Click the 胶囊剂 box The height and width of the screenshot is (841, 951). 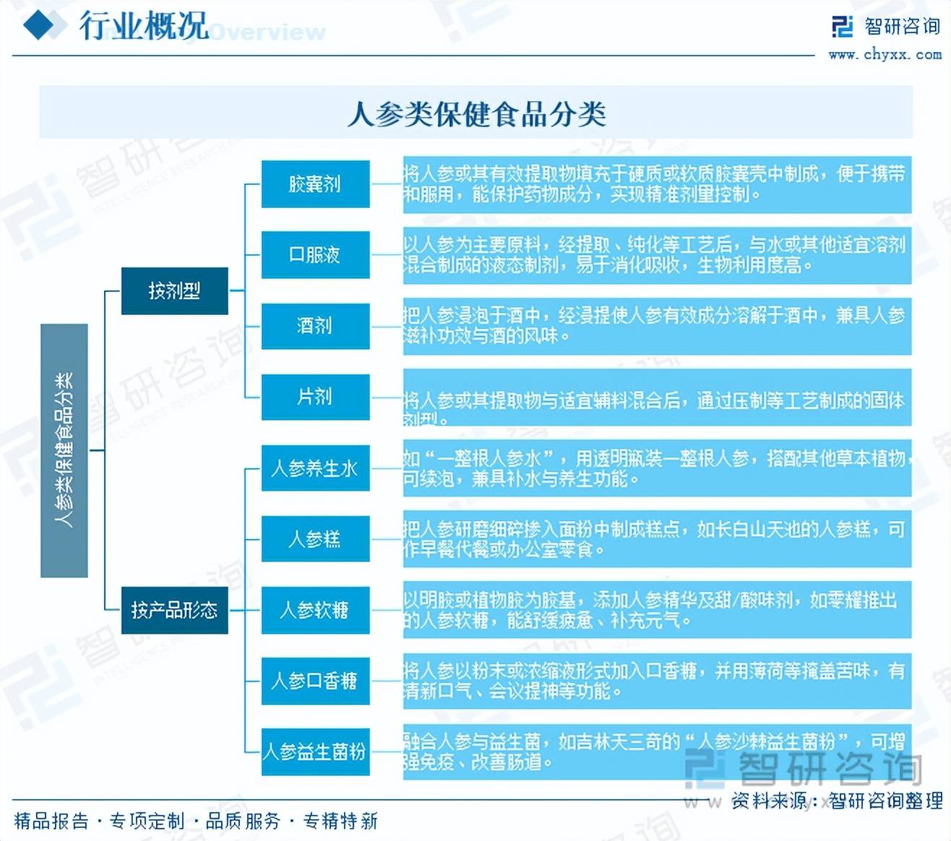pyautogui.click(x=315, y=184)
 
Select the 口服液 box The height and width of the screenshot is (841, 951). pyautogui.click(x=315, y=255)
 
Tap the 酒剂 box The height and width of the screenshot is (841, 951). pyautogui.click(x=315, y=326)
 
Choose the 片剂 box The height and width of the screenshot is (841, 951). pyautogui.click(x=315, y=397)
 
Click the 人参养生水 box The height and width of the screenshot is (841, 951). pyautogui.click(x=315, y=468)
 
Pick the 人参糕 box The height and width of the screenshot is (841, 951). pyautogui.click(x=315, y=539)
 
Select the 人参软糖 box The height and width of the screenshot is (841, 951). pyautogui.click(x=315, y=610)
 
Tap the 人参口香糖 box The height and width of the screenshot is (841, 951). pyautogui.click(x=315, y=681)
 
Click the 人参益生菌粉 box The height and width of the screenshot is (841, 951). pyautogui.click(x=315, y=751)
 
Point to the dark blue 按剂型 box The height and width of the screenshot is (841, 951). pyautogui.click(x=174, y=291)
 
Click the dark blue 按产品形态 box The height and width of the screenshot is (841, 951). pyautogui.click(x=174, y=611)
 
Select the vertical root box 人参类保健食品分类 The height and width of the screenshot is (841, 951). pyautogui.click(x=64, y=450)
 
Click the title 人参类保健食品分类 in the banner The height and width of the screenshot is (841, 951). pyautogui.click(x=475, y=113)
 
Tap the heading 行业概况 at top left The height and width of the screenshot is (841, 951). pyautogui.click(x=144, y=27)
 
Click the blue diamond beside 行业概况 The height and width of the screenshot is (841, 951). pyautogui.click(x=40, y=27)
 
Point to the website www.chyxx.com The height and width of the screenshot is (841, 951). pyautogui.click(x=885, y=54)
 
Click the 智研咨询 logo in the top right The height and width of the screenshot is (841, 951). pyautogui.click(x=886, y=27)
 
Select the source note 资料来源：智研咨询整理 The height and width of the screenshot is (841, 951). pyautogui.click(x=837, y=801)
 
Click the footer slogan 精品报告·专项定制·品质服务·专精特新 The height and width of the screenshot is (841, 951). pyautogui.click(x=196, y=821)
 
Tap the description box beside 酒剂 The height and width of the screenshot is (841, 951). pyautogui.click(x=657, y=326)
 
